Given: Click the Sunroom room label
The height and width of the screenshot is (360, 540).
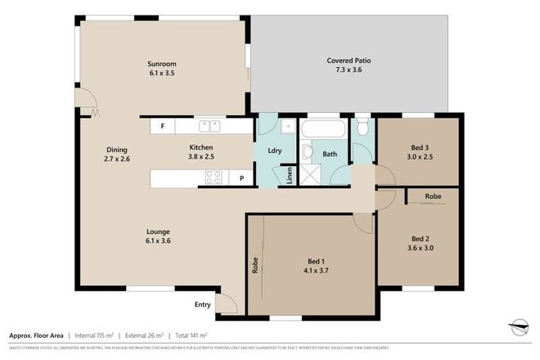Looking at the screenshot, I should pyautogui.click(x=162, y=64).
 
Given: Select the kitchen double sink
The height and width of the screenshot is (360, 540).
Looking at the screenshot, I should pyautogui.click(x=213, y=126).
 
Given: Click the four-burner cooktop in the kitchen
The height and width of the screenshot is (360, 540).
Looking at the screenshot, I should pyautogui.click(x=214, y=178).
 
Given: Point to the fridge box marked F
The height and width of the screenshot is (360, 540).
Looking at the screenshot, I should pyautogui.click(x=163, y=126).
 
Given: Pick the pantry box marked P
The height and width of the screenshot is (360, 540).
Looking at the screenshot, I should pyautogui.click(x=241, y=178).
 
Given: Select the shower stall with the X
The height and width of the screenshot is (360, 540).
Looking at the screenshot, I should pyautogui.click(x=312, y=175).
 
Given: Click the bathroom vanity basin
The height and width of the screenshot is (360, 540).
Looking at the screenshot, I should pyautogui.click(x=306, y=152).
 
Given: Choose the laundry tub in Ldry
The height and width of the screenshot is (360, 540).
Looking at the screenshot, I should pyautogui.click(x=289, y=128).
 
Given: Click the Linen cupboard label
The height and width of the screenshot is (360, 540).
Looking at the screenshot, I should pyautogui.click(x=290, y=177).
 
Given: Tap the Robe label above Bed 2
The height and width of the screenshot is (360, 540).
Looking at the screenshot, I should pyautogui.click(x=434, y=197).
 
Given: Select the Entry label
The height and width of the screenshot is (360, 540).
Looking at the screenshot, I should pyautogui.click(x=202, y=305).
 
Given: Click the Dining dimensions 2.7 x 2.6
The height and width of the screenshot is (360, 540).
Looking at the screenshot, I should pyautogui.click(x=116, y=160).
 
